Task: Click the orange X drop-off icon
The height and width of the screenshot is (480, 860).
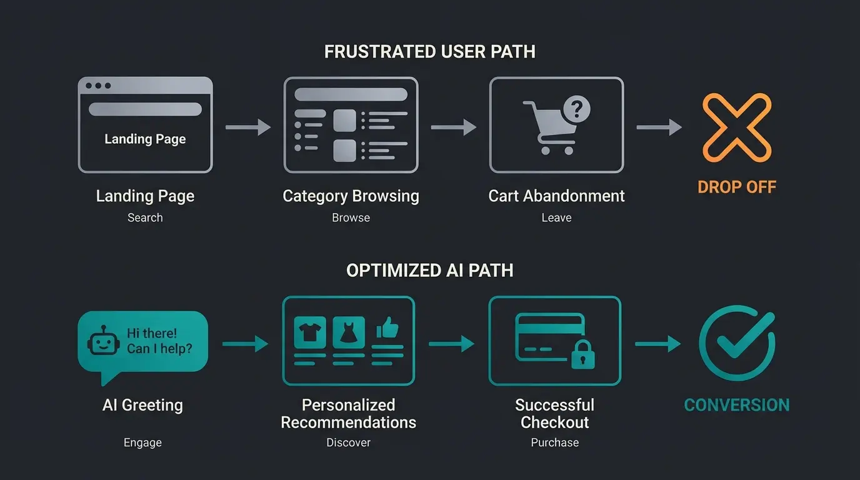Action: click(x=737, y=127)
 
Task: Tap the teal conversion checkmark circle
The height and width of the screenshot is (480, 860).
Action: click(x=737, y=343)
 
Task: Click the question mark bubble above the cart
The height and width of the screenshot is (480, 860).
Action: click(x=576, y=109)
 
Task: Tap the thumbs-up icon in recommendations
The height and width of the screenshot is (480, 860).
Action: click(x=388, y=329)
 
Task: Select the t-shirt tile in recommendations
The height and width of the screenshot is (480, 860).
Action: click(x=310, y=332)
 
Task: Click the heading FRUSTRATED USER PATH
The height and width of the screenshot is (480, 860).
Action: click(x=430, y=51)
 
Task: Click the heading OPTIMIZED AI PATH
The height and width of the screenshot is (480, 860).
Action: click(x=430, y=271)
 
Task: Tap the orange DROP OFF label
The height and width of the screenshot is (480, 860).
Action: click(x=737, y=187)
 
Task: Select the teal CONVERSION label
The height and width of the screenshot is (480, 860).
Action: click(x=737, y=405)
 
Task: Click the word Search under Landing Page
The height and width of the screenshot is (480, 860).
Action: click(x=145, y=217)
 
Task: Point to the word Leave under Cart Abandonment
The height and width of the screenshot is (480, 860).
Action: click(x=556, y=217)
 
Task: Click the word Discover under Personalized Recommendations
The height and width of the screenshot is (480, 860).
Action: click(x=348, y=442)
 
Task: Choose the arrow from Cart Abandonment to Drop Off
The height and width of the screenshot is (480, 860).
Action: click(x=659, y=127)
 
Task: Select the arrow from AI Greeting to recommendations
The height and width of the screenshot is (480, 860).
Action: click(x=245, y=343)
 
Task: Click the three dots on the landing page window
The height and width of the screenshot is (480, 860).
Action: click(x=98, y=86)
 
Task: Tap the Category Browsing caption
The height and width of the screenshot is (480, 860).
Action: click(x=351, y=196)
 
